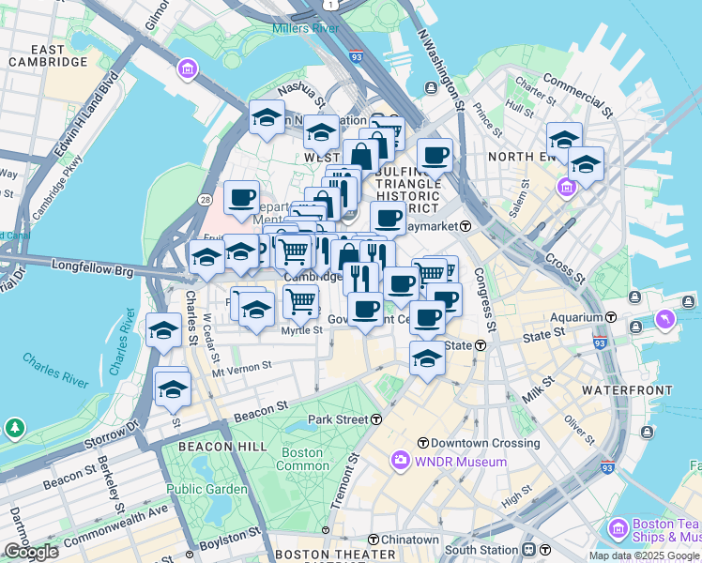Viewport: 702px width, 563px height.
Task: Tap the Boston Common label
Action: tap(303, 459)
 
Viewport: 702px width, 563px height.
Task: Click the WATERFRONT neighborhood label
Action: tap(627, 389)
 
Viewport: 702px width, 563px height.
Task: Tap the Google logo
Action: tap(30, 551)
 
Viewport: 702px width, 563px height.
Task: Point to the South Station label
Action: tap(481, 549)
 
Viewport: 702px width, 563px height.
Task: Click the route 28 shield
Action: tap(205, 199)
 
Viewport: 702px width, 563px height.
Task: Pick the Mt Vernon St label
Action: tap(241, 368)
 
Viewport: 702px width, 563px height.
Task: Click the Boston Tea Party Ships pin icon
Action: tap(618, 528)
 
